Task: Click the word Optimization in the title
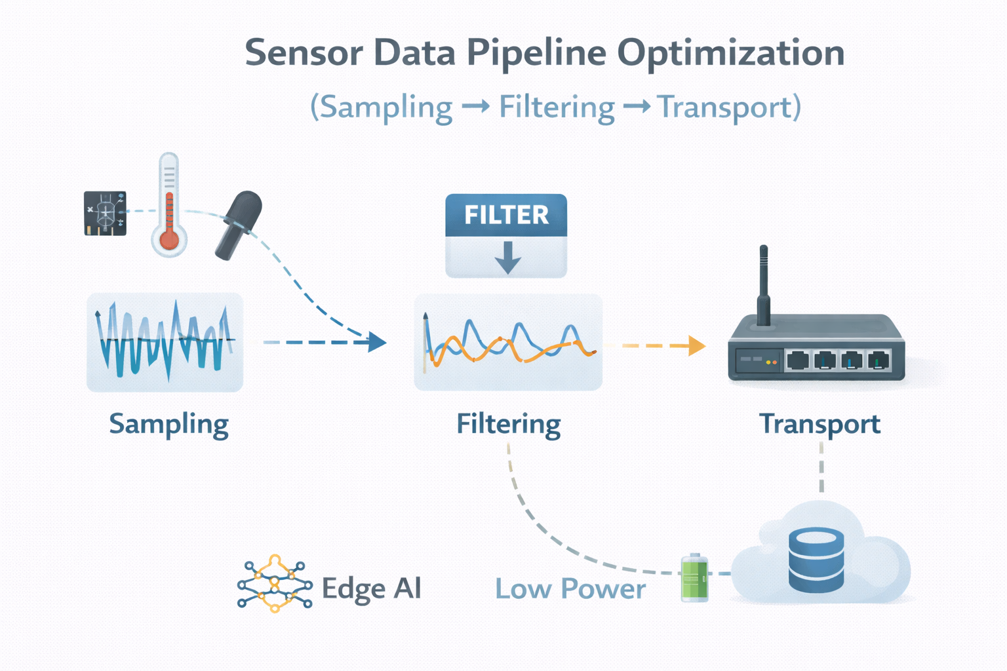(x=730, y=54)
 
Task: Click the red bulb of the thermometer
(x=169, y=239)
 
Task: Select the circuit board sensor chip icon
(x=105, y=213)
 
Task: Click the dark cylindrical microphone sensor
(x=239, y=225)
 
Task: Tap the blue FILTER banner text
(x=506, y=215)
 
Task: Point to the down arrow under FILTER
(x=507, y=258)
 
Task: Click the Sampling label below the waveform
(x=168, y=425)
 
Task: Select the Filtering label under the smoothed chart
(x=508, y=425)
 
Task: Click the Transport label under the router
(x=819, y=425)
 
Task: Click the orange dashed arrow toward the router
(x=662, y=345)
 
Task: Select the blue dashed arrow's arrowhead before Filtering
(x=376, y=342)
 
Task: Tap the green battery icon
(x=694, y=577)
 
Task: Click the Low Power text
(x=570, y=588)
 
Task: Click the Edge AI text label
(x=371, y=588)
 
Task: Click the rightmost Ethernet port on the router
(x=878, y=360)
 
